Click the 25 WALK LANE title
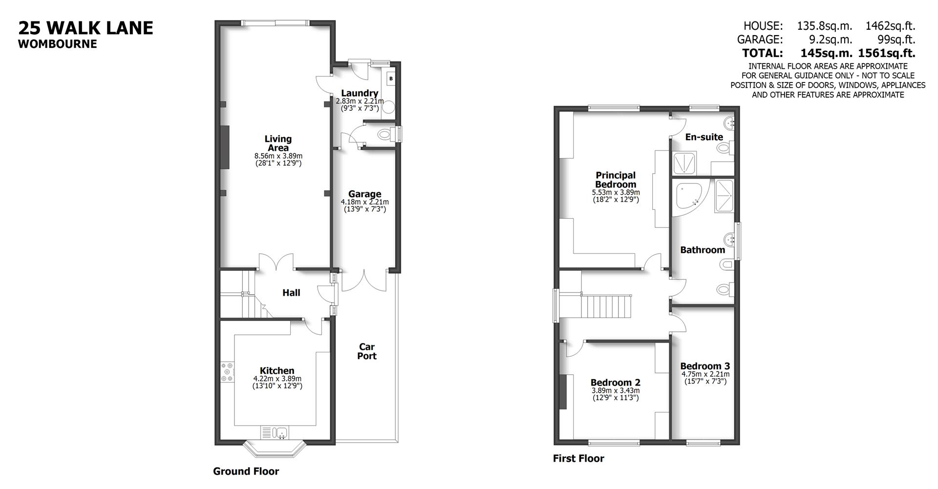click(x=86, y=28)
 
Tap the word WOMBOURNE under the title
click(x=58, y=44)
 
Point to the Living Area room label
click(x=278, y=143)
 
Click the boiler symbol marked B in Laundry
click(x=391, y=79)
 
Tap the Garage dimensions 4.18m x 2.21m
click(x=364, y=202)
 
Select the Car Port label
click(x=366, y=351)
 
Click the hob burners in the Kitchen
click(x=227, y=372)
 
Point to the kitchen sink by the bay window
click(x=280, y=432)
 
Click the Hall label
click(x=291, y=293)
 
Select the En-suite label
click(x=703, y=137)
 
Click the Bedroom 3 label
click(x=704, y=366)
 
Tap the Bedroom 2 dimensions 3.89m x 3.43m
click(x=615, y=390)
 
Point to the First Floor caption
click(x=578, y=459)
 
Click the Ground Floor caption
click(x=246, y=471)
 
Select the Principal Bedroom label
click(x=616, y=180)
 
